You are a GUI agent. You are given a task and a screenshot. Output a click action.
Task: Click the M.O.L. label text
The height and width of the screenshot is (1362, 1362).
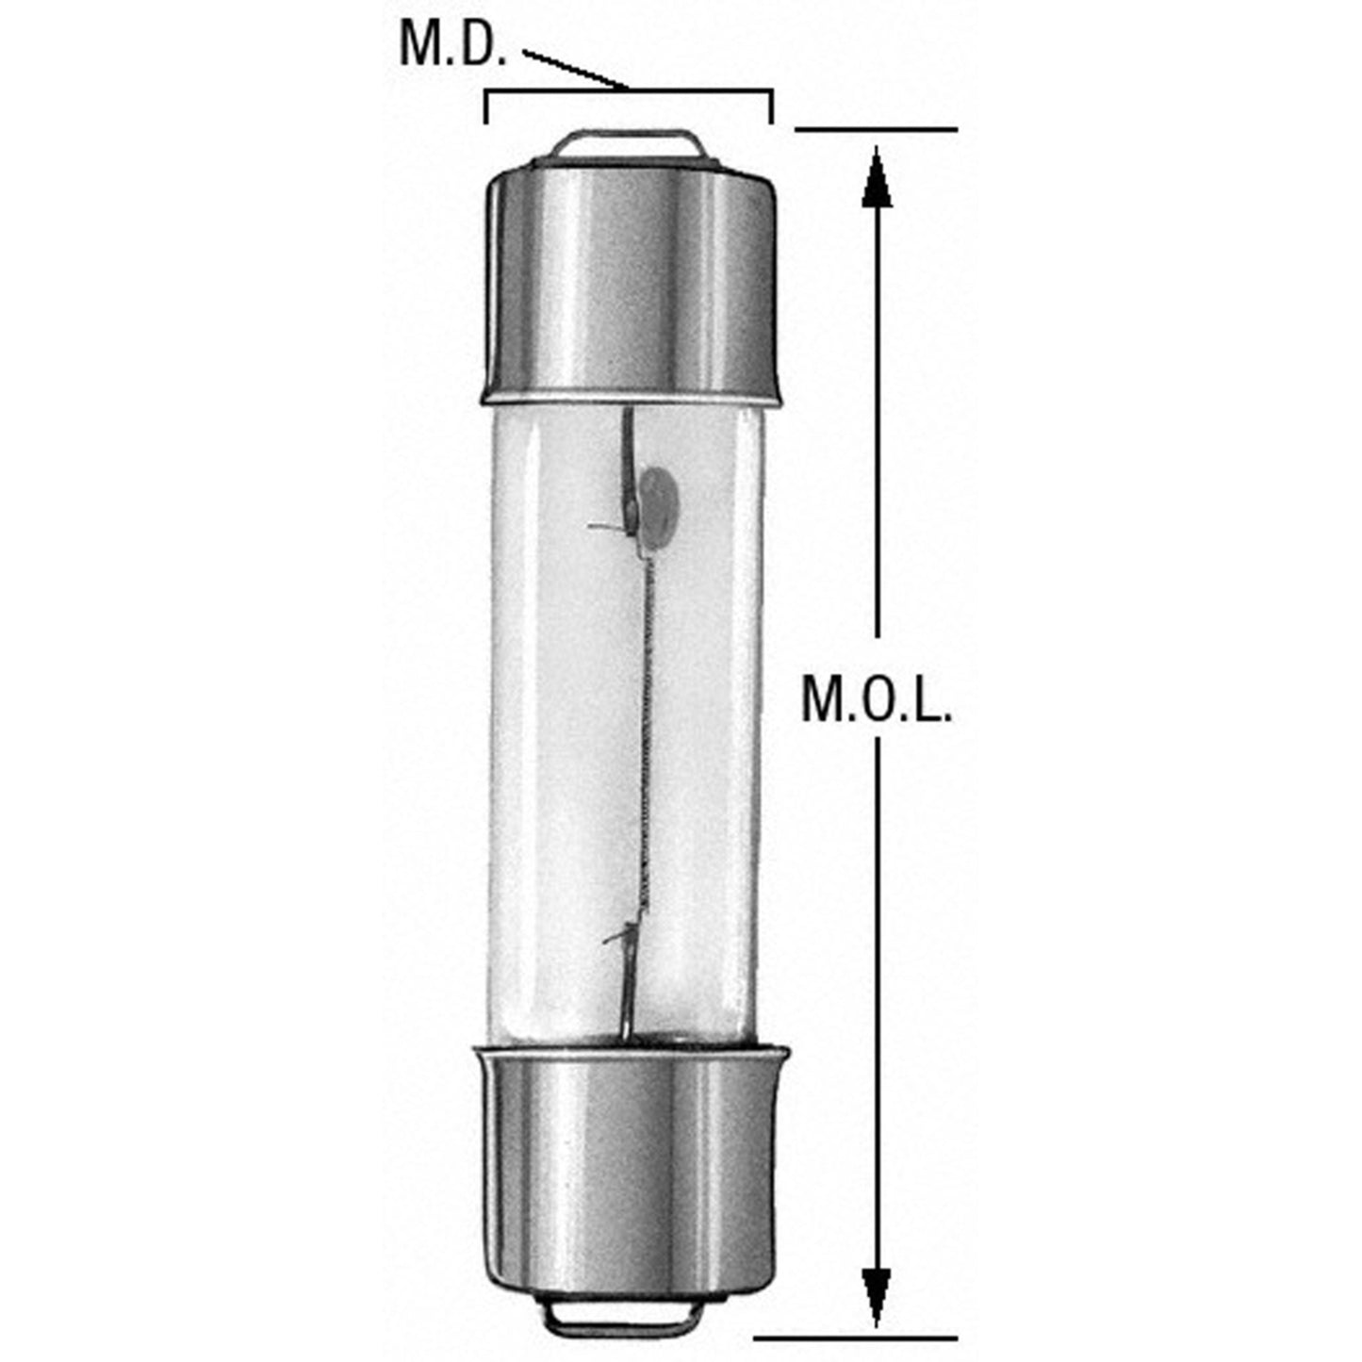(x=876, y=699)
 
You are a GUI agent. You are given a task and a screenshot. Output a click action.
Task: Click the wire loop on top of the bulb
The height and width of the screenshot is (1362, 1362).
(x=628, y=143)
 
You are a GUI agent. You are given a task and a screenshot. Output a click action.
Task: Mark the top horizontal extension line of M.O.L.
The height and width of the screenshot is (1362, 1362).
(x=877, y=129)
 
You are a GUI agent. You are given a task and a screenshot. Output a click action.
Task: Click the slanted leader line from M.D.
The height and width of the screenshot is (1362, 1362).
(x=575, y=72)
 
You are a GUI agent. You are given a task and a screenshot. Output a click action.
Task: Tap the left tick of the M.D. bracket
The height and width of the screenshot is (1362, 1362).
(x=486, y=107)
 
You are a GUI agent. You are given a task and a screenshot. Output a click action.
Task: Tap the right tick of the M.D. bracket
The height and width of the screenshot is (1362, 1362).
(x=772, y=107)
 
